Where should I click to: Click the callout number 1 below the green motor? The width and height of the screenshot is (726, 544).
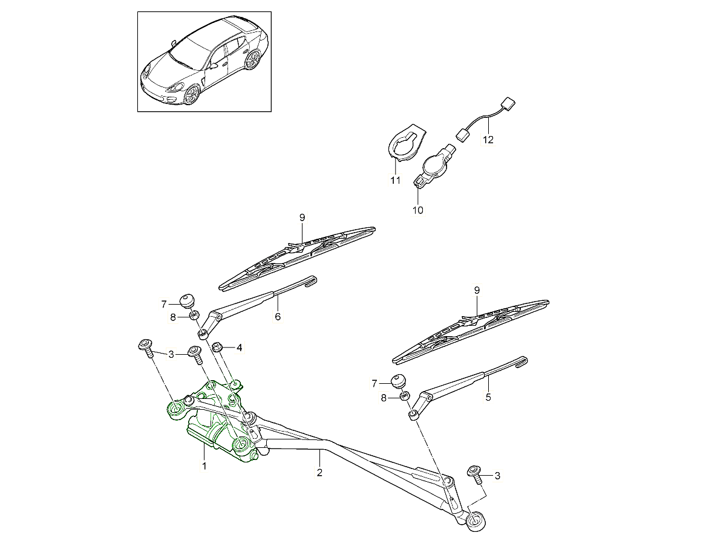point(204,466)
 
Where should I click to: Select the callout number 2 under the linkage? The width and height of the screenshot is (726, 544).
point(319,473)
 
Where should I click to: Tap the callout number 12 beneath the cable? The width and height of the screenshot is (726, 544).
point(488,140)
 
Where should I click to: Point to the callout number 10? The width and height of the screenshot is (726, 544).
point(417,210)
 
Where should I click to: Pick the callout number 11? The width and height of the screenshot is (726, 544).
point(395,180)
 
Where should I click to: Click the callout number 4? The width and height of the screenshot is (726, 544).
point(240,348)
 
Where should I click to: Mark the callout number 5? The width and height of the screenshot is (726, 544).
point(488,398)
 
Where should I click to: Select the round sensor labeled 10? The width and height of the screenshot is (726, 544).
point(434,164)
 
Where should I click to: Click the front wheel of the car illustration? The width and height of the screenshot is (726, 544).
point(192,94)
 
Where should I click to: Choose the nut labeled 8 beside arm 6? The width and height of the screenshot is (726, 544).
point(194,315)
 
